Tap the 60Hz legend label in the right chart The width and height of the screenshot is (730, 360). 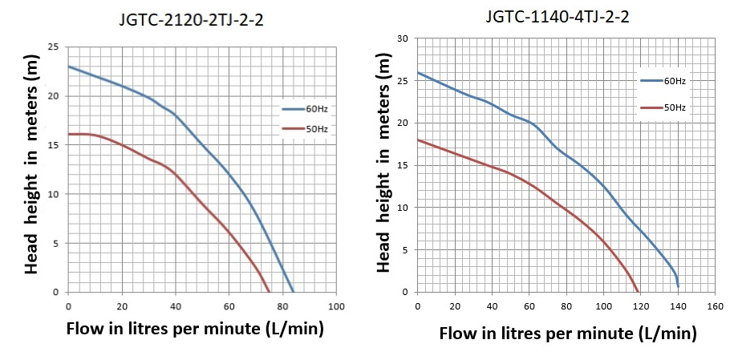click(x=674, y=80)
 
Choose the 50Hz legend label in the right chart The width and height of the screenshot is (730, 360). click(x=674, y=107)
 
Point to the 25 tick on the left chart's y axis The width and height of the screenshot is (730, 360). click(x=53, y=47)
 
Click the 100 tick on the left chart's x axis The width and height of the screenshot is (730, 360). click(x=336, y=307)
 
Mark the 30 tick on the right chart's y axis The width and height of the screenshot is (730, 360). click(x=404, y=38)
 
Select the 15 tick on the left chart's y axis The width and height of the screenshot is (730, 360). click(x=53, y=145)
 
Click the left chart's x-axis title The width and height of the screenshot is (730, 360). click(x=195, y=329)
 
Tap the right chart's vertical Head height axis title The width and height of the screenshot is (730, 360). click(x=383, y=164)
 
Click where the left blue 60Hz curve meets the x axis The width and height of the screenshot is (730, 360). click(x=294, y=292)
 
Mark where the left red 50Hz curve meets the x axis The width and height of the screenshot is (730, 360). click(x=270, y=292)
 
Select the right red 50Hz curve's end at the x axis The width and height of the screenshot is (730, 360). click(x=639, y=292)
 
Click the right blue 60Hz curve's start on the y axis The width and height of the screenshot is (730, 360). click(x=418, y=72)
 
